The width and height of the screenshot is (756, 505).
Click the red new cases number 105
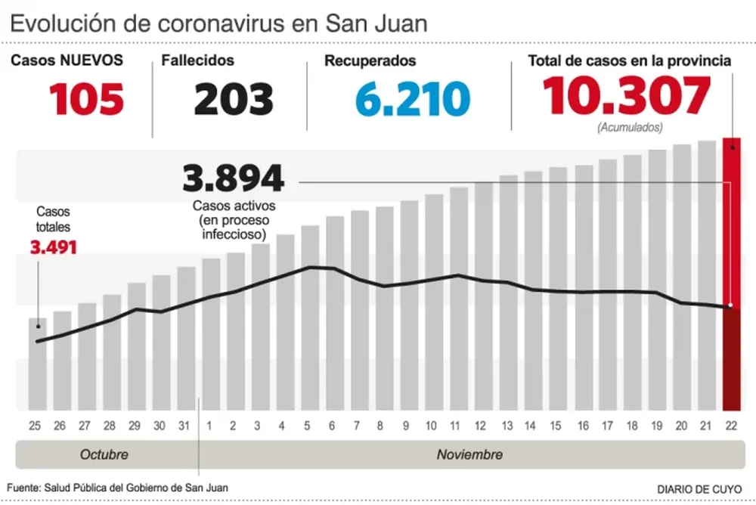87,99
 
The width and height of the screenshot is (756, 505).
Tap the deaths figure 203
234,99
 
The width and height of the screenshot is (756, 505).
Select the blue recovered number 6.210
413,99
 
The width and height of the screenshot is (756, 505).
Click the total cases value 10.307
627,96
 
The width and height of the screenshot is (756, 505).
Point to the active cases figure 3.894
234,180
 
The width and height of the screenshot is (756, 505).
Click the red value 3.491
54,247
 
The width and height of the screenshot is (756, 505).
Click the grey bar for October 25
38,364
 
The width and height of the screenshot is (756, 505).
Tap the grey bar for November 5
310,318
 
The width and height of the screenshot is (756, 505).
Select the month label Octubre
104,455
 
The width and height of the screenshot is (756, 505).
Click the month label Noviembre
469,455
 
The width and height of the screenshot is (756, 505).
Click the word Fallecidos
198,60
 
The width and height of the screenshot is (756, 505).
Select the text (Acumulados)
630,128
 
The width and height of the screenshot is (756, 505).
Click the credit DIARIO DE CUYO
699,488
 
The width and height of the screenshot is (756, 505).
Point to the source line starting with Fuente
118,488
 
